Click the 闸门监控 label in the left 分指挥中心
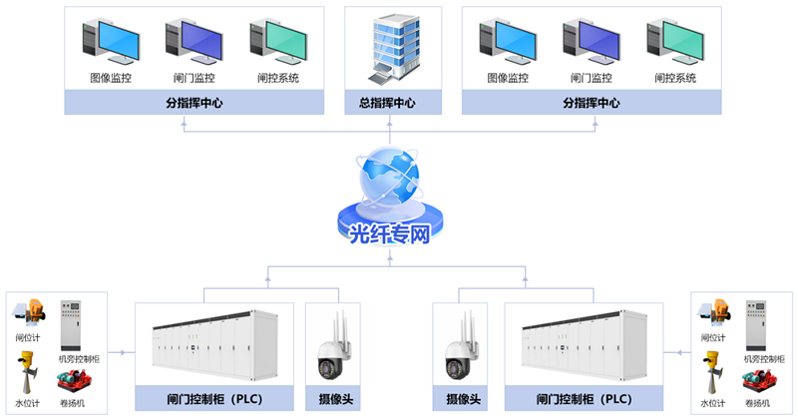coord(194,78)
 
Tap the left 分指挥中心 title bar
coord(194,103)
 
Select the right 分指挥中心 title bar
coord(592,103)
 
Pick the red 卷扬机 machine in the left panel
coord(73,380)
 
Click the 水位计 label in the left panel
coord(28,403)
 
